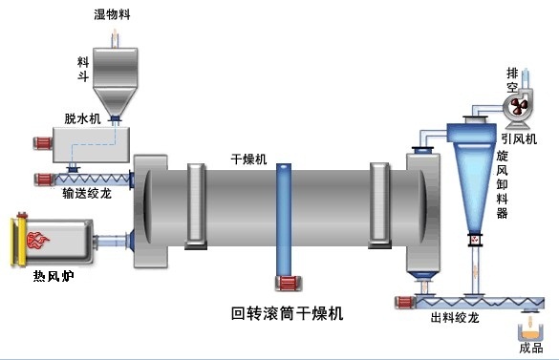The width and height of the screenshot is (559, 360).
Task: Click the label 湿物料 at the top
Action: tap(112, 13)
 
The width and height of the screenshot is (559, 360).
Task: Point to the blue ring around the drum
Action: tap(283, 221)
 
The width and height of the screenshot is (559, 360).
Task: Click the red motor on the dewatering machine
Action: tap(41, 143)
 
